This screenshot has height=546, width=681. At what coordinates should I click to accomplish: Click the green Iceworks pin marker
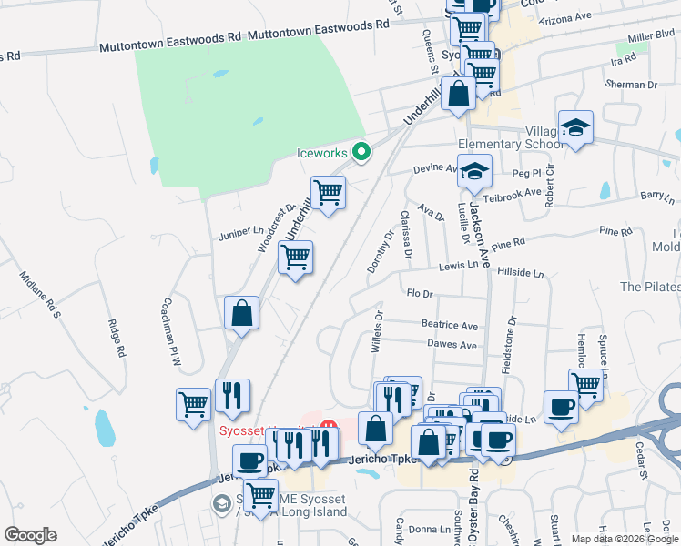(361, 152)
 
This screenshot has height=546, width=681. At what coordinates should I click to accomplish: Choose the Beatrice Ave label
(449, 325)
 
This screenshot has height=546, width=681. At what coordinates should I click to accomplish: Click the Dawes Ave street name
(452, 345)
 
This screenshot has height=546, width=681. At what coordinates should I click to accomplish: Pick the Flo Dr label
(420, 293)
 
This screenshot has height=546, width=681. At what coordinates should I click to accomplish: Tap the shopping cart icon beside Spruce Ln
(585, 385)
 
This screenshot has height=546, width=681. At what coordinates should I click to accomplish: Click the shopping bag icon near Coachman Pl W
(242, 313)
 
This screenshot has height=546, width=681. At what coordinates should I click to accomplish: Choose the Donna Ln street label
(423, 529)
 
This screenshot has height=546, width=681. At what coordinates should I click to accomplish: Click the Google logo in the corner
(30, 535)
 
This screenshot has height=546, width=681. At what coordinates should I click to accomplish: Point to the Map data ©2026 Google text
(624, 539)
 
